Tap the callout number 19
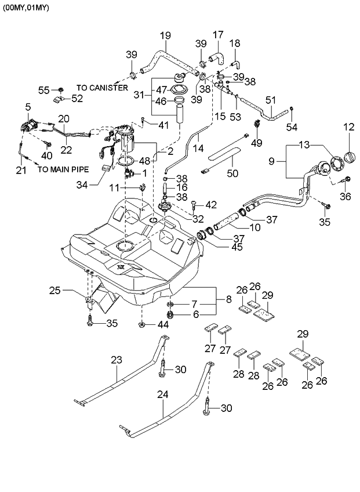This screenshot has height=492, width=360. click(x=165, y=35)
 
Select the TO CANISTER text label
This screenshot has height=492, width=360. click(x=103, y=88)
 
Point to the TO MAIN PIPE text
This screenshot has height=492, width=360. click(x=63, y=170)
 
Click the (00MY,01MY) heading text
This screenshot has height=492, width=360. click(x=26, y=8)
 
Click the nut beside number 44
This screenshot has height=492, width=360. click(x=142, y=324)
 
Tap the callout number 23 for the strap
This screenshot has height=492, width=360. click(x=117, y=360)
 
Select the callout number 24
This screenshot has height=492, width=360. click(x=163, y=394)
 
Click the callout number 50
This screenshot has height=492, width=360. click(x=232, y=173)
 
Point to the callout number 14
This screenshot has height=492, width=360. click(x=198, y=148)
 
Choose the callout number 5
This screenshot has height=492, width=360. click(x=28, y=107)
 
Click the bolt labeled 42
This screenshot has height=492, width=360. click(x=193, y=204)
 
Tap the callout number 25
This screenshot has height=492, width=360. click(x=55, y=291)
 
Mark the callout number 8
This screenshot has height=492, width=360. click(x=228, y=299)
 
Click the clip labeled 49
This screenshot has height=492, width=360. click(x=257, y=124)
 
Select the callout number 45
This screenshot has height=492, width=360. click(x=237, y=247)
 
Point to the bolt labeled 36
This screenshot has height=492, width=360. click(x=347, y=180)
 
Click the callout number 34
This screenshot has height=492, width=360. click(x=82, y=185)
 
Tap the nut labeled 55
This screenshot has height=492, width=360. click(x=61, y=90)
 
